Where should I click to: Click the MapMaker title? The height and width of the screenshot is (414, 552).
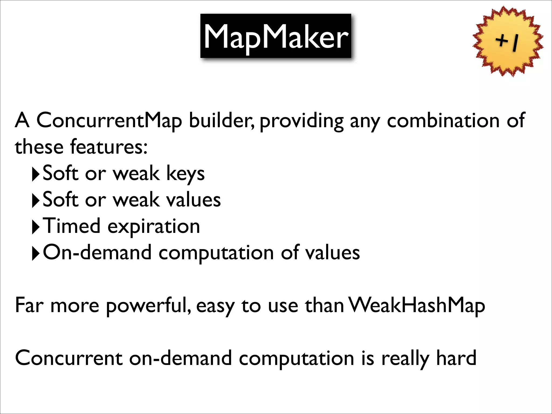(276, 36)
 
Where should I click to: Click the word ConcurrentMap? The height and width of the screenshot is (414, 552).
(109, 120)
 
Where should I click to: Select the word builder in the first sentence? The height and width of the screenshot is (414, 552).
(221, 120)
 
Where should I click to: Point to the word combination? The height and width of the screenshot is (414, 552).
(443, 120)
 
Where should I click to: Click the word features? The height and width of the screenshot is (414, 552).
(109, 147)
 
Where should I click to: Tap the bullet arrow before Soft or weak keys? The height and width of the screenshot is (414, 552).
(36, 175)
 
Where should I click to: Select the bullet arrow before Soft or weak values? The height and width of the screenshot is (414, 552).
(36, 201)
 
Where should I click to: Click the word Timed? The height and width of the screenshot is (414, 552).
(72, 226)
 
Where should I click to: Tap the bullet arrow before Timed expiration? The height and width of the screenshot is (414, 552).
(36, 227)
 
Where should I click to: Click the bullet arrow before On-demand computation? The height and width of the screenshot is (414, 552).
(36, 254)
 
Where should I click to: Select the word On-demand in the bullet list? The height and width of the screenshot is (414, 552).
(97, 253)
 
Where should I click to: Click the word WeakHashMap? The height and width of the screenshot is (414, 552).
(417, 306)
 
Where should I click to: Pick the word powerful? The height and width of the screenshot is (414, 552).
(149, 306)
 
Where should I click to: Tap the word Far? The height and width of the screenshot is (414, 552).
(29, 305)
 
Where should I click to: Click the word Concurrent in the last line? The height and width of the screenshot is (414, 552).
(69, 358)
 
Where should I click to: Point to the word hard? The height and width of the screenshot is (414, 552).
(456, 358)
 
